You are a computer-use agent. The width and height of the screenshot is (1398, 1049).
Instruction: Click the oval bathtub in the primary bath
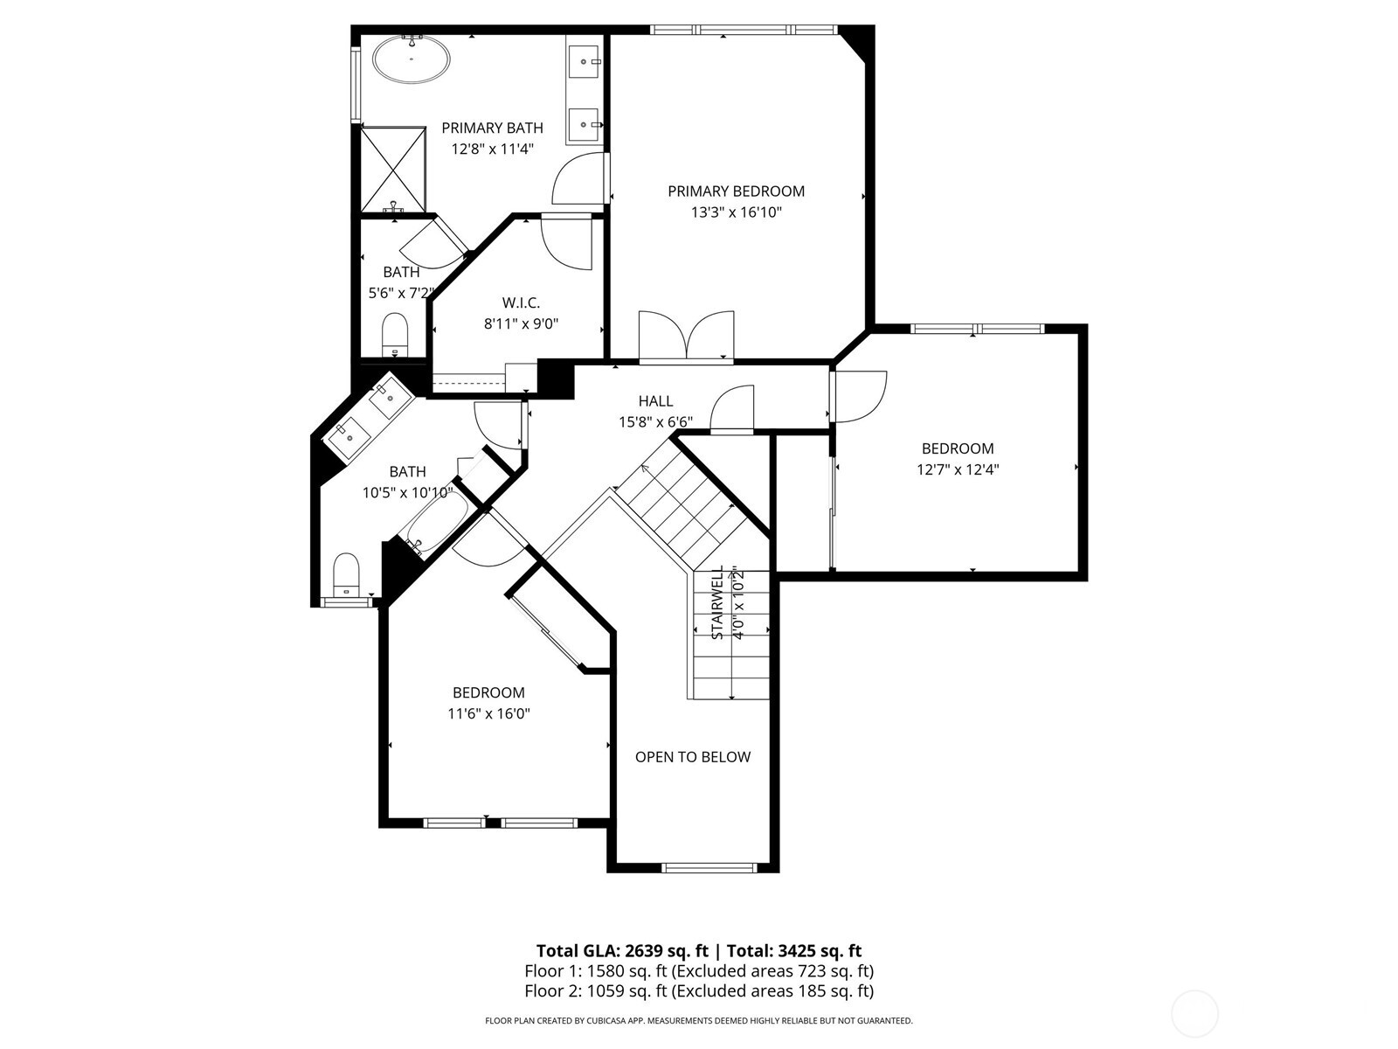(x=412, y=60)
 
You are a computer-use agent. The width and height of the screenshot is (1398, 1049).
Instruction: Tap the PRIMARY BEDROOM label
(x=736, y=191)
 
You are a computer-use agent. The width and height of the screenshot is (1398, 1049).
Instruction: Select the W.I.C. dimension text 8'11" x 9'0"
(x=521, y=323)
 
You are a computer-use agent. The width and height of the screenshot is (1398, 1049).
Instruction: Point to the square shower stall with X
(x=393, y=169)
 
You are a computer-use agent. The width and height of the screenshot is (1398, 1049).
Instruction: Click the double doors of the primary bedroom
(x=687, y=337)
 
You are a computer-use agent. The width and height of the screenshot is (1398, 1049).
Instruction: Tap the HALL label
(x=655, y=401)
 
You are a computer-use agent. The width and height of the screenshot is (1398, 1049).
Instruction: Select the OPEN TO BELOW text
(x=692, y=757)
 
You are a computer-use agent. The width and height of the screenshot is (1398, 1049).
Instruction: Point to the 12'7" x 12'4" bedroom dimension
(x=958, y=469)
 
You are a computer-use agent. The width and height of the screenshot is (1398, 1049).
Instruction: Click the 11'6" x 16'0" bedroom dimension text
(x=488, y=714)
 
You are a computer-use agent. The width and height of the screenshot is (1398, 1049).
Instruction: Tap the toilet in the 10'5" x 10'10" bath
(x=347, y=573)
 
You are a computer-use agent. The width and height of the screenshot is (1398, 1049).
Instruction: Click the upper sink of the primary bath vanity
(x=584, y=61)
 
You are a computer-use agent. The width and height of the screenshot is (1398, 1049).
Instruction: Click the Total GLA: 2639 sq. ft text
(x=621, y=951)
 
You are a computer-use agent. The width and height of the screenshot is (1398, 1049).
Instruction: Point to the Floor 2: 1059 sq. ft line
(x=698, y=991)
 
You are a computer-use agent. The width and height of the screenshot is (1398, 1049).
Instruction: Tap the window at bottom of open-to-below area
(x=709, y=868)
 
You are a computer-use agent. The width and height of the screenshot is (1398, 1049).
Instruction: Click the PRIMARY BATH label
(x=492, y=129)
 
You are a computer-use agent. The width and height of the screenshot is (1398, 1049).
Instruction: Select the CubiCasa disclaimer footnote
(x=698, y=1020)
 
